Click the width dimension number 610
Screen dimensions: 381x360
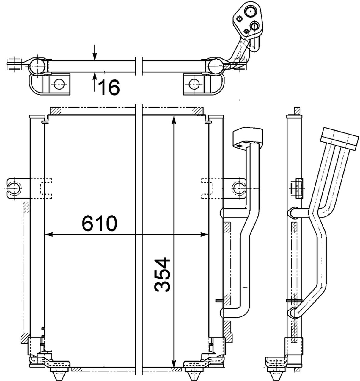[100, 224]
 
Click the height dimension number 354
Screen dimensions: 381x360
[163, 274]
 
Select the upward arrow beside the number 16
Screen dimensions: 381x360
[95, 78]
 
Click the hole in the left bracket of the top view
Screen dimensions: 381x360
[59, 84]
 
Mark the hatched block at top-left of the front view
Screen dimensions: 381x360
[55, 111]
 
